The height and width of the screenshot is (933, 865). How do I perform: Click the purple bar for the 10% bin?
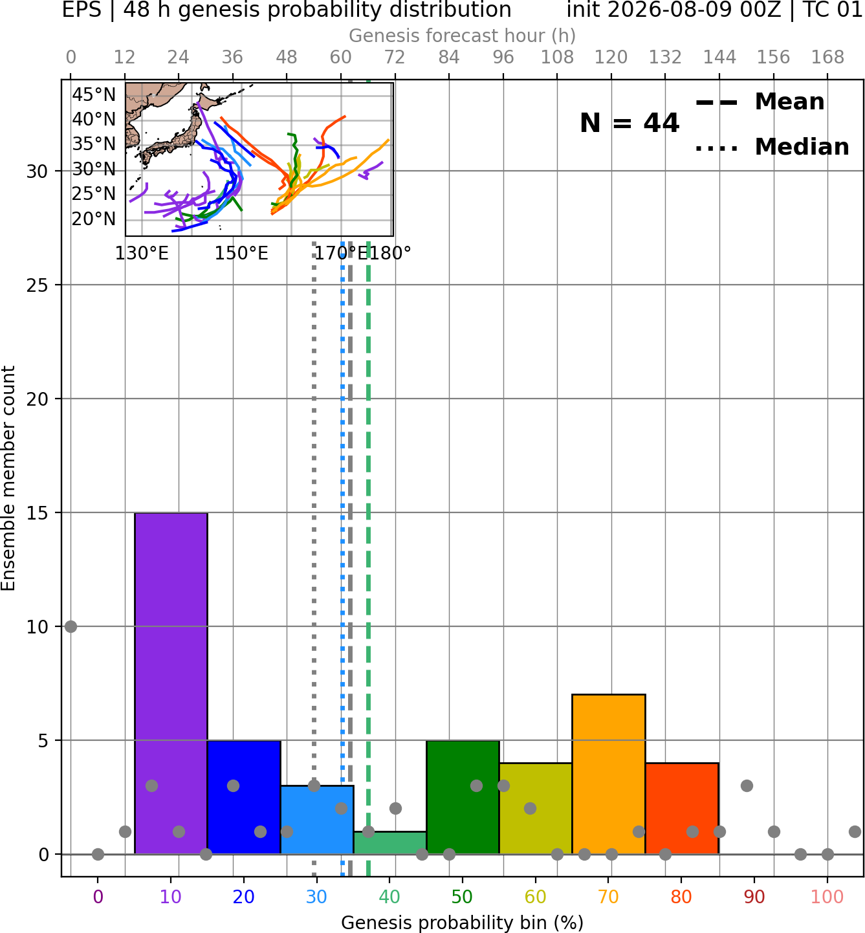point(171,683)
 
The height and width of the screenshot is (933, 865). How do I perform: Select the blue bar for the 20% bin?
point(244,797)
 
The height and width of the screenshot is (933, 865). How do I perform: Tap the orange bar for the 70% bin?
point(608,774)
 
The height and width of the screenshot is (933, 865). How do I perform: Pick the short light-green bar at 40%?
point(390,843)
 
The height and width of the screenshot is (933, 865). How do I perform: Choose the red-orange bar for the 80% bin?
point(682,809)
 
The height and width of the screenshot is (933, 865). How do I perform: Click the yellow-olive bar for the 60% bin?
point(536,809)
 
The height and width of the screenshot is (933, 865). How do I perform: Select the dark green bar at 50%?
point(463,797)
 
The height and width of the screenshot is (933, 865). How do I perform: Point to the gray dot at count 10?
point(71,627)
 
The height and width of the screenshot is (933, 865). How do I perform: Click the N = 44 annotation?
point(629,123)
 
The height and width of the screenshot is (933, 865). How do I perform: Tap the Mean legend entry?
point(760,102)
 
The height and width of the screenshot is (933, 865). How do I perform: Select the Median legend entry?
point(772,147)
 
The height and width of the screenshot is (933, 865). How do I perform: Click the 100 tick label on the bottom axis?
point(827,897)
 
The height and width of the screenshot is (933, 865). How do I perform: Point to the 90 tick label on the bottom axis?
point(754,897)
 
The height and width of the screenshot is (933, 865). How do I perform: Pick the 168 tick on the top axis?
point(827,58)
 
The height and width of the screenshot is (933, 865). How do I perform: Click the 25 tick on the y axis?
point(38,285)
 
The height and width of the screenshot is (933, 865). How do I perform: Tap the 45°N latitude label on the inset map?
point(94,95)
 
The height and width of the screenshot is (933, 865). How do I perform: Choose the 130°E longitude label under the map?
point(142,254)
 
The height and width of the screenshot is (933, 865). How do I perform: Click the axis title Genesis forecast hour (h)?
point(463,36)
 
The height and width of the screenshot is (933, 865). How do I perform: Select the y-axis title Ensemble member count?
point(8,479)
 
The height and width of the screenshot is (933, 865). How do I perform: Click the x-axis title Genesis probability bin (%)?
point(463,923)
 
